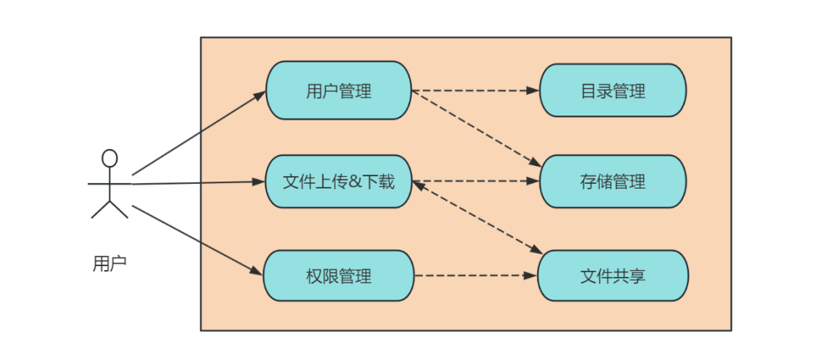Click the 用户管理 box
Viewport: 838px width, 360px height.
339,90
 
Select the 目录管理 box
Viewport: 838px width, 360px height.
613,90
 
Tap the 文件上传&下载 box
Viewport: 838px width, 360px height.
339,182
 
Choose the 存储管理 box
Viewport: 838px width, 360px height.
613,182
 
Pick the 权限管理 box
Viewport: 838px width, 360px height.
339,275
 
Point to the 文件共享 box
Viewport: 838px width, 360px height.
613,275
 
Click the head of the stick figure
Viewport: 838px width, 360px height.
109,158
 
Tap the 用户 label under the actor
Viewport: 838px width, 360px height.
109,264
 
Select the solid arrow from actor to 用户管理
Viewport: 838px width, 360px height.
199,133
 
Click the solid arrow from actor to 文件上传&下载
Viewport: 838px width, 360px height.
199,182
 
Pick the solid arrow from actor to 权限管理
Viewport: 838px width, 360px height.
198,241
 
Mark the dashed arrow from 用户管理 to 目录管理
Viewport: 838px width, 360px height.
476,91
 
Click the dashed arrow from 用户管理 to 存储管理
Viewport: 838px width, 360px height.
476,129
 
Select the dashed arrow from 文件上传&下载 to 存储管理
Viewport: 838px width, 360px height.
476,181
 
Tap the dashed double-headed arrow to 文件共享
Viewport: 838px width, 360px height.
477,217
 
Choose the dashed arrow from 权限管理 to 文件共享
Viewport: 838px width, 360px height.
476,275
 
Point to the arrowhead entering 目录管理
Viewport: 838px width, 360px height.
533,91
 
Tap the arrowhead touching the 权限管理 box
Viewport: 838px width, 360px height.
258,272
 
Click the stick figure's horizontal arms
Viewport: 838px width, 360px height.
109,184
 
